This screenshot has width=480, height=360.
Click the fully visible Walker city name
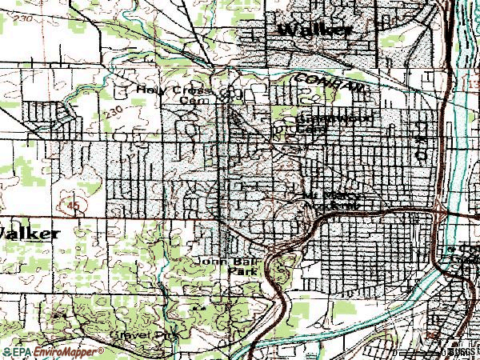[x=314, y=30]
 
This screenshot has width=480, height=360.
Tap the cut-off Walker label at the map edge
[x=29, y=234]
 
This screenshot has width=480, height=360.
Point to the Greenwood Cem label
[x=326, y=123]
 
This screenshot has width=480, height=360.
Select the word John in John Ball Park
[x=209, y=262]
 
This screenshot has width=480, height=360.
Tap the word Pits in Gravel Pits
[x=166, y=336]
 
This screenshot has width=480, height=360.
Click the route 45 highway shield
[x=74, y=206]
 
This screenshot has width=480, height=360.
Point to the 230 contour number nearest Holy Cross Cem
[x=114, y=109]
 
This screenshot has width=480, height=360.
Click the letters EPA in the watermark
[x=23, y=351]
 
